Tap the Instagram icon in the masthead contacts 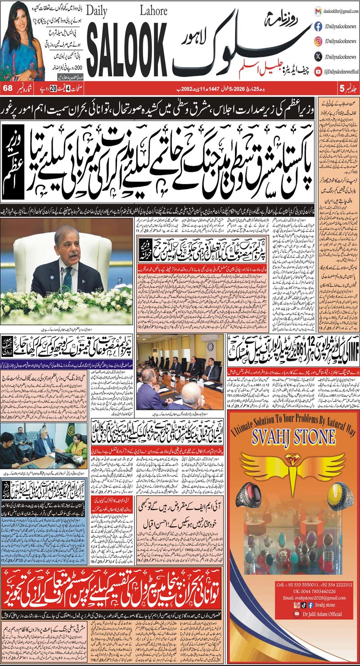coord(318,41)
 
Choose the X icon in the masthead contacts coord(318,56)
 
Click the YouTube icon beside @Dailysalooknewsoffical coord(318,71)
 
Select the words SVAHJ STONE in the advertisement coord(295,436)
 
